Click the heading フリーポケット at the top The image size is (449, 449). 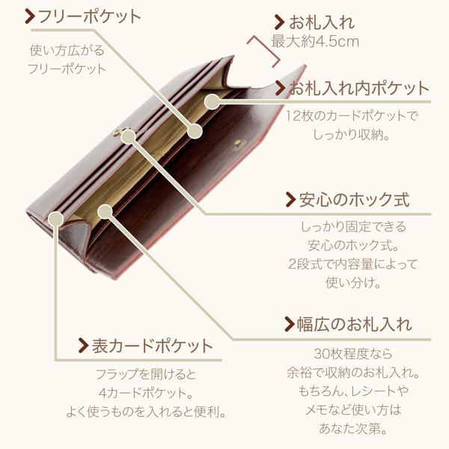coord(90,16)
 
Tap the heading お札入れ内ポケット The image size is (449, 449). coord(358,88)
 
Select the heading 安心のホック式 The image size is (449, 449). coord(354,199)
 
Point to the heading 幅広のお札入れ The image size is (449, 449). coord(355,325)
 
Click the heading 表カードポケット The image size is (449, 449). coord(152,346)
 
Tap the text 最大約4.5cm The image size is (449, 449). coord(315,41)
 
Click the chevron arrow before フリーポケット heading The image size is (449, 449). coord(30,16)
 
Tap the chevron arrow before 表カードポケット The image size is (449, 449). coord(83,346)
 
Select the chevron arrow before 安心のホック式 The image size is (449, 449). coord(290,200)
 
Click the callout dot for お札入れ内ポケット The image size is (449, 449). coord(213,101)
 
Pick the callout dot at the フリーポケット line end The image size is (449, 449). coord(195,132)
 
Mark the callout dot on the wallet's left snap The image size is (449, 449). coord(128,137)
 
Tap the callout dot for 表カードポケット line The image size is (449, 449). coord(56,219)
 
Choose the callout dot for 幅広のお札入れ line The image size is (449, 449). coord(105,212)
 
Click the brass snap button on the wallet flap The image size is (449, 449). coord(240,144)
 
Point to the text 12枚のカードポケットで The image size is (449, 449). coord(352,116)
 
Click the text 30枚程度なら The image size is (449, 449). coord(352,354)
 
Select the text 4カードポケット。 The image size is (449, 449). coord(146,393)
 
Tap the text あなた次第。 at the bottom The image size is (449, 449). coord(353,428)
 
